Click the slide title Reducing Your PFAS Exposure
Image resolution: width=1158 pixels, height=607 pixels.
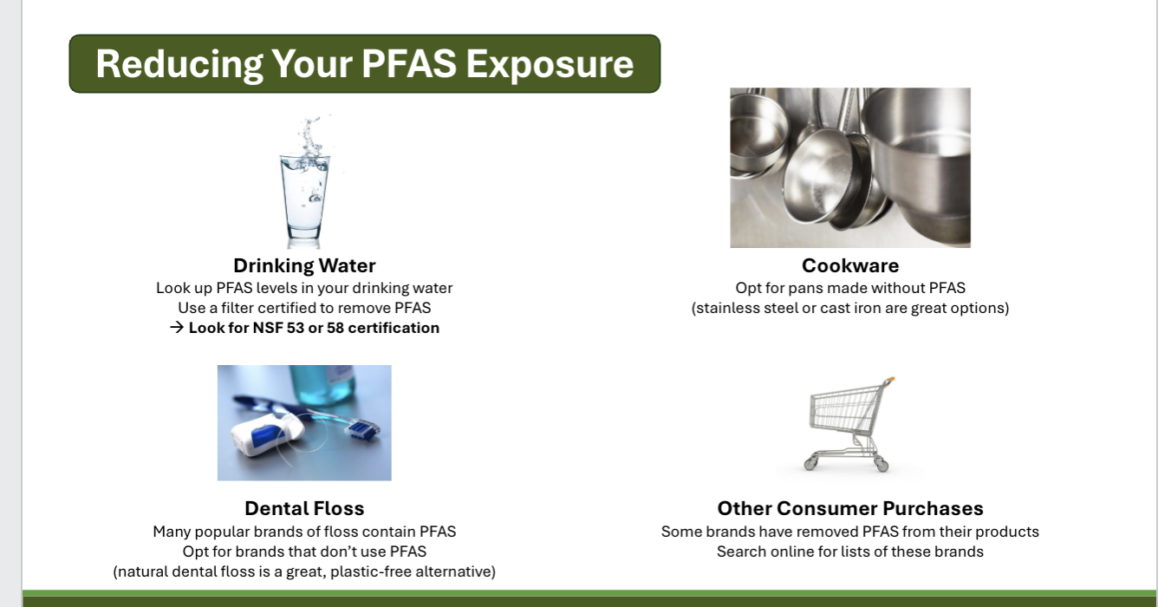coord(364,64)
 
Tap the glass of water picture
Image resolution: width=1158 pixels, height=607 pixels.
coord(304,186)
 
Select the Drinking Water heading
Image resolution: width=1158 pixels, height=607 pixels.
coord(304,265)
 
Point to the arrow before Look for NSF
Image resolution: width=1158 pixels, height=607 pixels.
coord(177,328)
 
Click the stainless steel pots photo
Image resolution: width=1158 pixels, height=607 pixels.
coord(849,167)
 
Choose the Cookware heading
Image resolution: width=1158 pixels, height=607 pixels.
coord(849,265)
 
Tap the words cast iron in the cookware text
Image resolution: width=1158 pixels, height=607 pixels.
coord(876,308)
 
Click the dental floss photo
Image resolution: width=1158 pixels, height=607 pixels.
coord(304,422)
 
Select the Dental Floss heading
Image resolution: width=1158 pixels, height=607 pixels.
coord(304,508)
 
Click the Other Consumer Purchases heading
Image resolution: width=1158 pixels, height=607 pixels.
coord(849,508)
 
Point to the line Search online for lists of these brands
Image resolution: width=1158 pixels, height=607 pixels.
coord(849,552)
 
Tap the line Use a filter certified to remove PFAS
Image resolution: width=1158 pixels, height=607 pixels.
coord(304,308)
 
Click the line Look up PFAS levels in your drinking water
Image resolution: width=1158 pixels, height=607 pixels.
coord(304,288)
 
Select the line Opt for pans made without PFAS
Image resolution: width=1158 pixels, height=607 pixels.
coord(849,288)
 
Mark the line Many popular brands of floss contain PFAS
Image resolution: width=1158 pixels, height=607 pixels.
coord(304,532)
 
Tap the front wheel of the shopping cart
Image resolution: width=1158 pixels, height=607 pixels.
coord(882,467)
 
